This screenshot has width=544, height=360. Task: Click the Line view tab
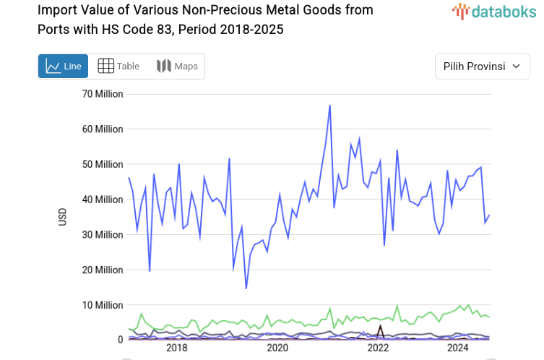point(63,67)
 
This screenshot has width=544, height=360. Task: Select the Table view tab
point(118,67)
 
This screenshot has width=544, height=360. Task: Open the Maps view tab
point(177,67)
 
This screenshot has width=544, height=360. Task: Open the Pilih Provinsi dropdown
point(481,67)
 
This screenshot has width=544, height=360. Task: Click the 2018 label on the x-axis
point(176,348)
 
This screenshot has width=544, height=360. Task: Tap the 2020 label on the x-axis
point(277,348)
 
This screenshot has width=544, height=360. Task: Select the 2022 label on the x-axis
point(378,348)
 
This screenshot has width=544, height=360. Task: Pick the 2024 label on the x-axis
point(457,348)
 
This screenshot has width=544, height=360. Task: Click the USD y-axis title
point(63,217)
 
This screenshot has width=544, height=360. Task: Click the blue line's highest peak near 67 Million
point(330,106)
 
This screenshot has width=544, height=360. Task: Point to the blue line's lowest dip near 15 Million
point(246,288)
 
